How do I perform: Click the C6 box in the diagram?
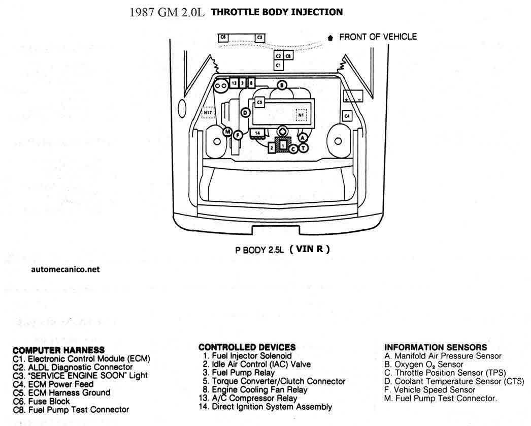(223, 38)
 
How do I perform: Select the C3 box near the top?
(260, 38)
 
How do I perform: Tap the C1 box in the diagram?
(278, 65)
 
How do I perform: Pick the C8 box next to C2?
(288, 56)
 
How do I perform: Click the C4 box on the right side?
(347, 116)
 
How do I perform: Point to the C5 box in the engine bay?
(259, 102)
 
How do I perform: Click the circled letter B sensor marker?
(282, 85)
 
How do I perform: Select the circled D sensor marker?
(246, 113)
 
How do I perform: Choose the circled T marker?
(304, 148)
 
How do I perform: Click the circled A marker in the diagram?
(303, 137)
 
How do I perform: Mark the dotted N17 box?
(208, 112)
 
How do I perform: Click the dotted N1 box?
(301, 115)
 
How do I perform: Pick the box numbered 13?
(234, 83)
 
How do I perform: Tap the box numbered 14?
(257, 133)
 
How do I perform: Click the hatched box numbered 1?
(283, 145)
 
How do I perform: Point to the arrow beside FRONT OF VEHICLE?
(330, 38)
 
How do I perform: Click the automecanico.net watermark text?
(65, 269)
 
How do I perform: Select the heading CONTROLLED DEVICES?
(247, 347)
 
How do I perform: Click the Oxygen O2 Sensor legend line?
(424, 364)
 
